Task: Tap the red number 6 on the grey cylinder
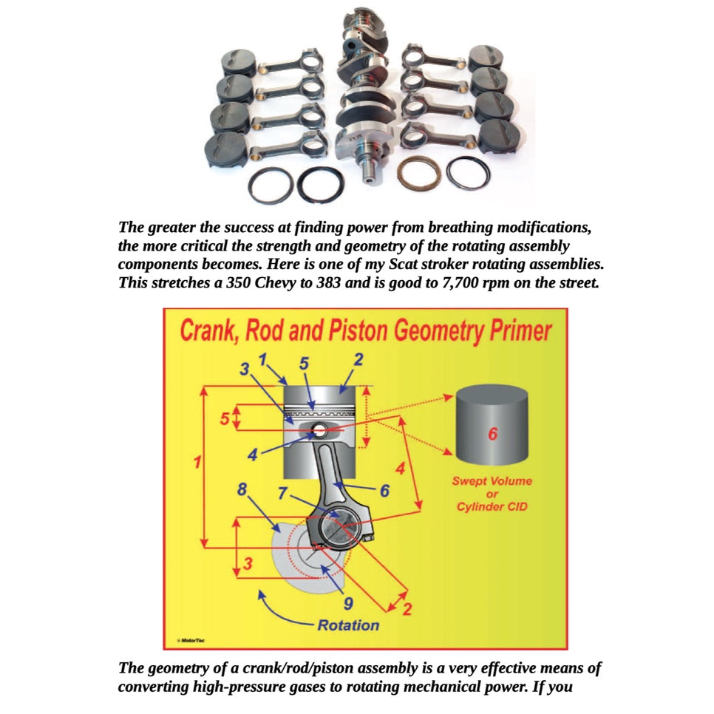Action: [492, 434]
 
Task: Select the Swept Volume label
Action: [492, 481]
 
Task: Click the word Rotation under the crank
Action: [348, 625]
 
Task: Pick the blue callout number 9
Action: [347, 602]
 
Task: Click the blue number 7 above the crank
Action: [283, 493]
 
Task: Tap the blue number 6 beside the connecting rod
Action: [384, 490]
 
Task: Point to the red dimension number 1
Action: [197, 463]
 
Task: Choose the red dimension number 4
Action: [400, 468]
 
